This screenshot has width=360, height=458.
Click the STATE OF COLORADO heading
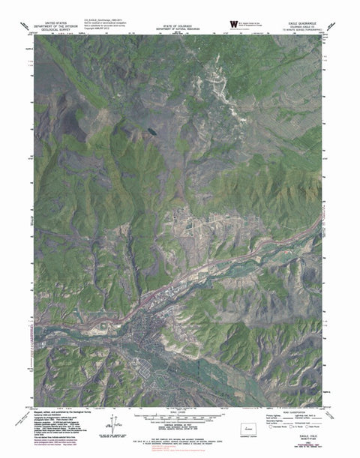(181, 25)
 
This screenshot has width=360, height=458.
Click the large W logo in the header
(234, 25)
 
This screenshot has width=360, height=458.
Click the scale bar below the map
(180, 416)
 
